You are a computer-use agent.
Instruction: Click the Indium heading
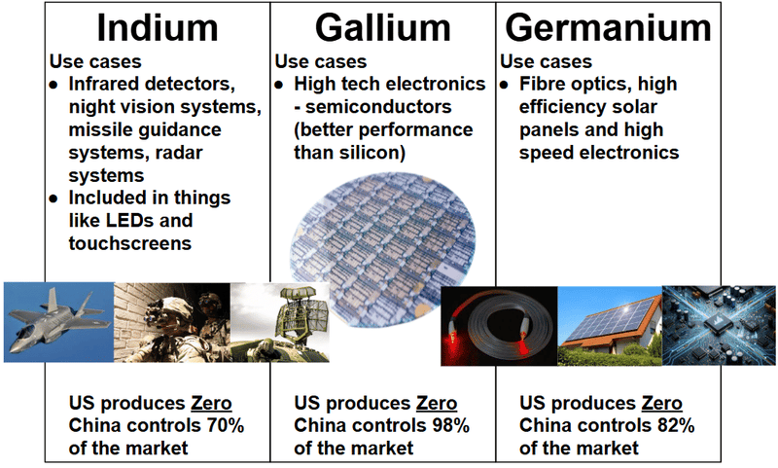click(158, 28)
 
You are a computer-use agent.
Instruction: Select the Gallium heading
click(382, 28)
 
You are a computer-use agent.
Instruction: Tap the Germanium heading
click(608, 28)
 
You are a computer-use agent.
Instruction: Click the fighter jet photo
click(59, 322)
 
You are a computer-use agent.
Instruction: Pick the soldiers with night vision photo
click(172, 322)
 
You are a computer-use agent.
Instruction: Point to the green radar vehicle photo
click(280, 322)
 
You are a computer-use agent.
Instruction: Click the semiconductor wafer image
click(383, 248)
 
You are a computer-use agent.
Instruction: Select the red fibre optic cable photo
click(499, 326)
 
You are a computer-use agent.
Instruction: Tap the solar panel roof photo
click(610, 326)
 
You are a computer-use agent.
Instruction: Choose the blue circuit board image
click(719, 326)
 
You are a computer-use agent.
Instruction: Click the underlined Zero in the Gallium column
click(437, 403)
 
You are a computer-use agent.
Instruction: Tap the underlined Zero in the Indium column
click(211, 403)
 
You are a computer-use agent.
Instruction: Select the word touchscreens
click(130, 243)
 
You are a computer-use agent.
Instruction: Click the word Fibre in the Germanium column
click(542, 84)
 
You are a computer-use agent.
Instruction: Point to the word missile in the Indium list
click(100, 129)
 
